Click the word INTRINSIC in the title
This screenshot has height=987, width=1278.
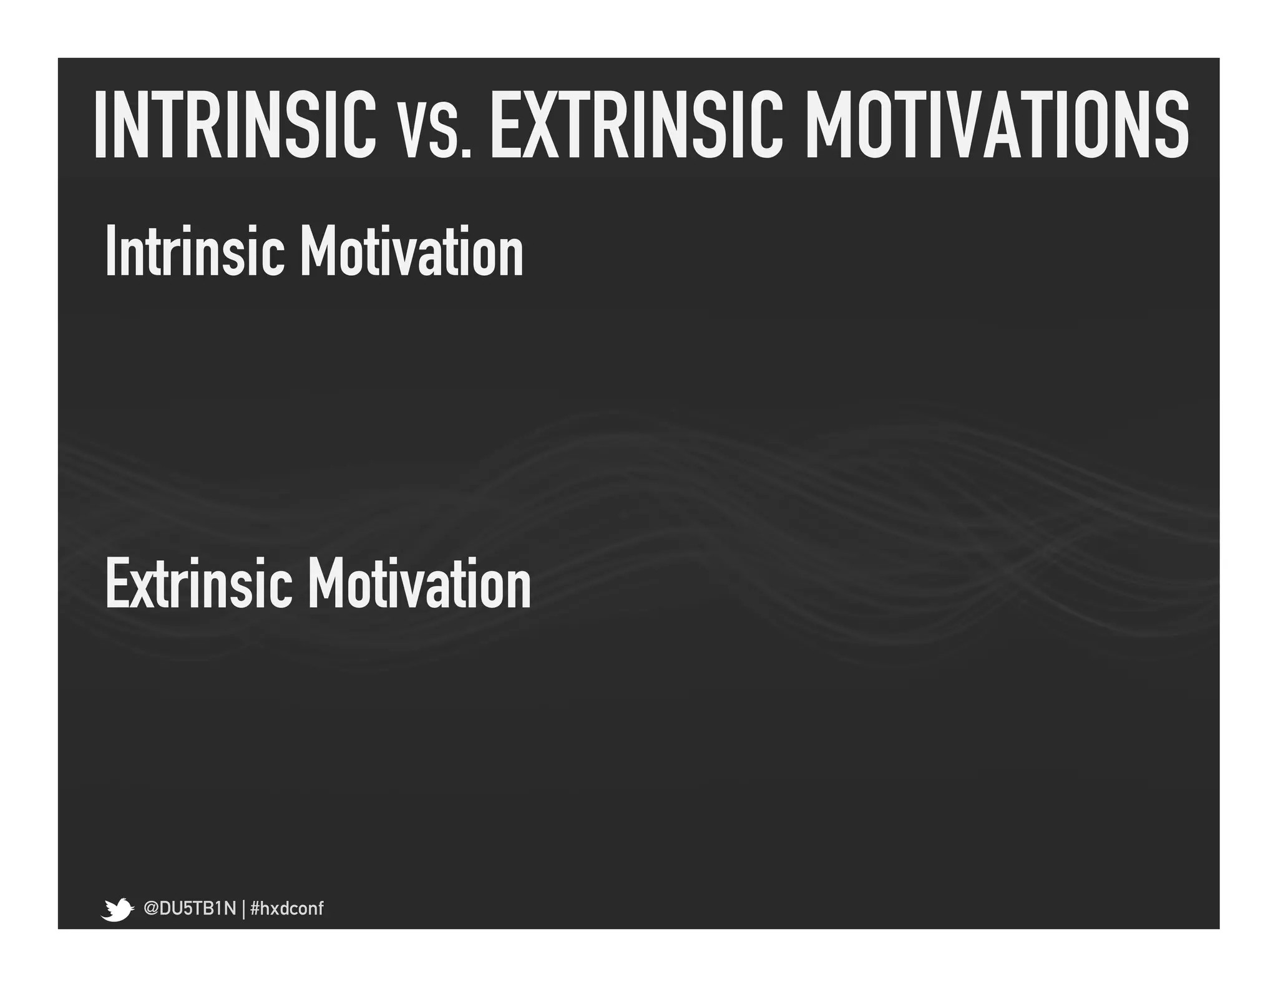click(235, 124)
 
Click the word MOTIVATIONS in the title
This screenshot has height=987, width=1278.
click(997, 124)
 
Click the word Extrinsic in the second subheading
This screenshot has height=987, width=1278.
click(198, 583)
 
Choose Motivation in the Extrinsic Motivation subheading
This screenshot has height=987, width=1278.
click(419, 583)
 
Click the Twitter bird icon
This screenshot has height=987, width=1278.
click(117, 909)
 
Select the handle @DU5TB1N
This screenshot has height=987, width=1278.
click(190, 908)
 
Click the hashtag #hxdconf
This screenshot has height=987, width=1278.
click(286, 908)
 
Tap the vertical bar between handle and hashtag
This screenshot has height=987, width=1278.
click(243, 909)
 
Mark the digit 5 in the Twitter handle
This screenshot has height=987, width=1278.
click(185, 908)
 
